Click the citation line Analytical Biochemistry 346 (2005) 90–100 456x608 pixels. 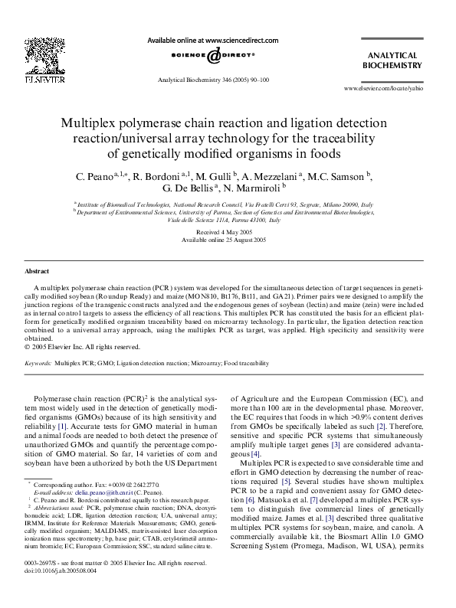pos(212,80)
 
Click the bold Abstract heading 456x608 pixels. pos(38,272)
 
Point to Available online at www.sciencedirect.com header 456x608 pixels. pos(212,40)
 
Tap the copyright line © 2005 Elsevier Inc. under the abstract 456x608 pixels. pos(74,345)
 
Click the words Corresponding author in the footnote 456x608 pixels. pos(62,485)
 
